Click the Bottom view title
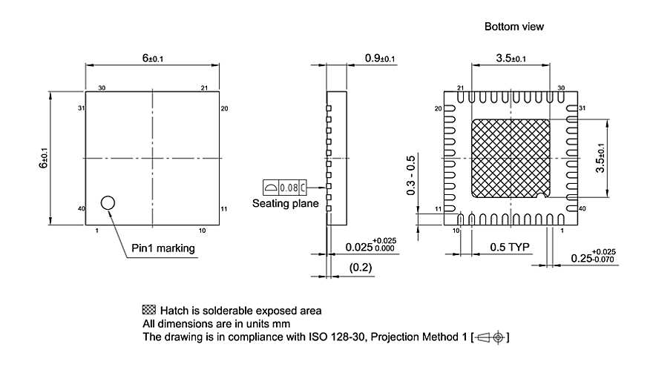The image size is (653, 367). point(513,26)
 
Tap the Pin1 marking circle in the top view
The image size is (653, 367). point(108,202)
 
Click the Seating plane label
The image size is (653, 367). point(286,203)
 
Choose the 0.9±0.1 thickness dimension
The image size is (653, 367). point(380,58)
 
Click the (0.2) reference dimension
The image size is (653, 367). point(361,268)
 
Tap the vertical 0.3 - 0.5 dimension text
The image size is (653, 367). point(412,175)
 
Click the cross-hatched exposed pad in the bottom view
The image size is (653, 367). point(511,159)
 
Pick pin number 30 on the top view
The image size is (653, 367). point(102,87)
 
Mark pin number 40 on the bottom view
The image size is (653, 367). point(582,209)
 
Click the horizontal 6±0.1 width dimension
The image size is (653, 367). point(151,58)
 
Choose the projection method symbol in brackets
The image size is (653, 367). point(490,338)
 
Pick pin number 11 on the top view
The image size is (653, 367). point(224,210)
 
